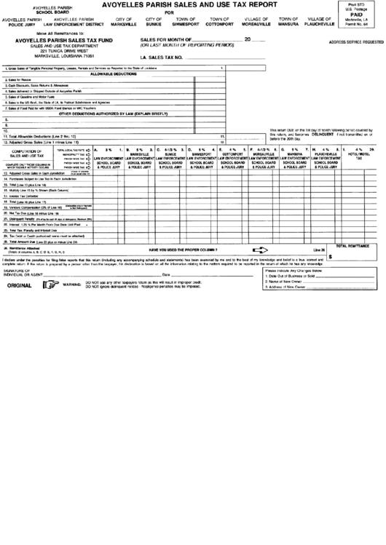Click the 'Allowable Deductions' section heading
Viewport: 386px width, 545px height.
113,74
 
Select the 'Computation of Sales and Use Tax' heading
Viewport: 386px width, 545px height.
30,153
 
